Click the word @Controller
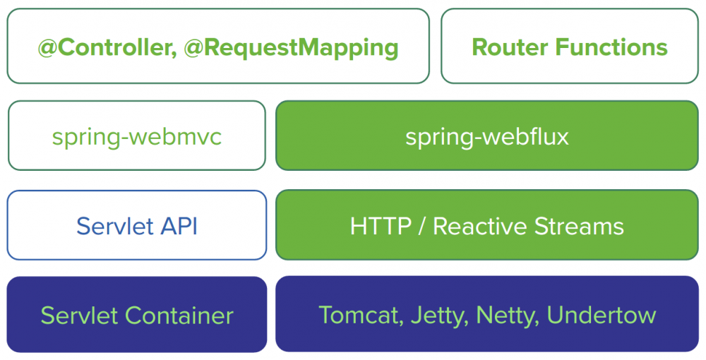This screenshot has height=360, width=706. click(x=104, y=47)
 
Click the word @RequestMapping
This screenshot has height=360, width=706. click(x=291, y=47)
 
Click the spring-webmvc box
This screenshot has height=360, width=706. click(x=137, y=136)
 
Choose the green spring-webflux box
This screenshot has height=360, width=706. click(x=486, y=136)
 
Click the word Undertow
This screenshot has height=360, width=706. click(x=602, y=315)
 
